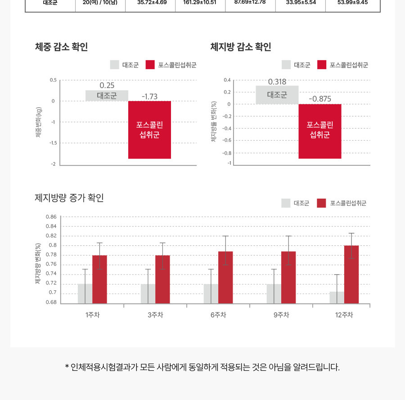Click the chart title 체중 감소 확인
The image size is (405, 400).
[61, 47]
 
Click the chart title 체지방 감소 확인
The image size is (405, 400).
[241, 47]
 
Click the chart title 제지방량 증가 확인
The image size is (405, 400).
[69, 198]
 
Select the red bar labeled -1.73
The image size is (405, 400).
[149, 130]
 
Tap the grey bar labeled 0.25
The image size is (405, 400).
[107, 96]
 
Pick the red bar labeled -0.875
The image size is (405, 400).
[319, 131]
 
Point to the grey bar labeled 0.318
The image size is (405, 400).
[277, 95]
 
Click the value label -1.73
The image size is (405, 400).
[149, 97]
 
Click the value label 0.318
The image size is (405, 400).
[277, 82]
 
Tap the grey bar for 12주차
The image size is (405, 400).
[337, 298]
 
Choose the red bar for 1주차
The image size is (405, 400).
[99, 279]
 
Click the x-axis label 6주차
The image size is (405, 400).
[218, 315]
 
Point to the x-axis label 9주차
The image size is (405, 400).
[281, 315]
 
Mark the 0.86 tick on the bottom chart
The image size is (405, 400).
[51, 217]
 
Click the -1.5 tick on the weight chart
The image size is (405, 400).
[53, 143]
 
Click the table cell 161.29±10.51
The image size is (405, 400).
[200, 2]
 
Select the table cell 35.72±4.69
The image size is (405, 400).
[152, 2]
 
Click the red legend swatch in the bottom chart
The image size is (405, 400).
[321, 203]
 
